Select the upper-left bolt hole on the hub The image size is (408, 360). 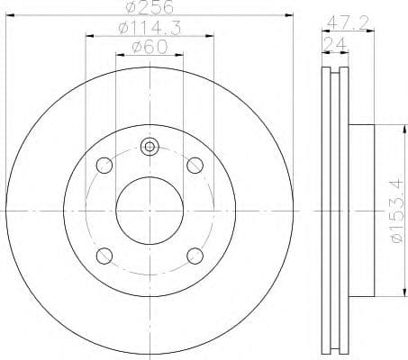coord(104,166)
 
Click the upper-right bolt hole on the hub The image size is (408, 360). coord(194,166)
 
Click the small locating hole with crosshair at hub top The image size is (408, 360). coord(150,147)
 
